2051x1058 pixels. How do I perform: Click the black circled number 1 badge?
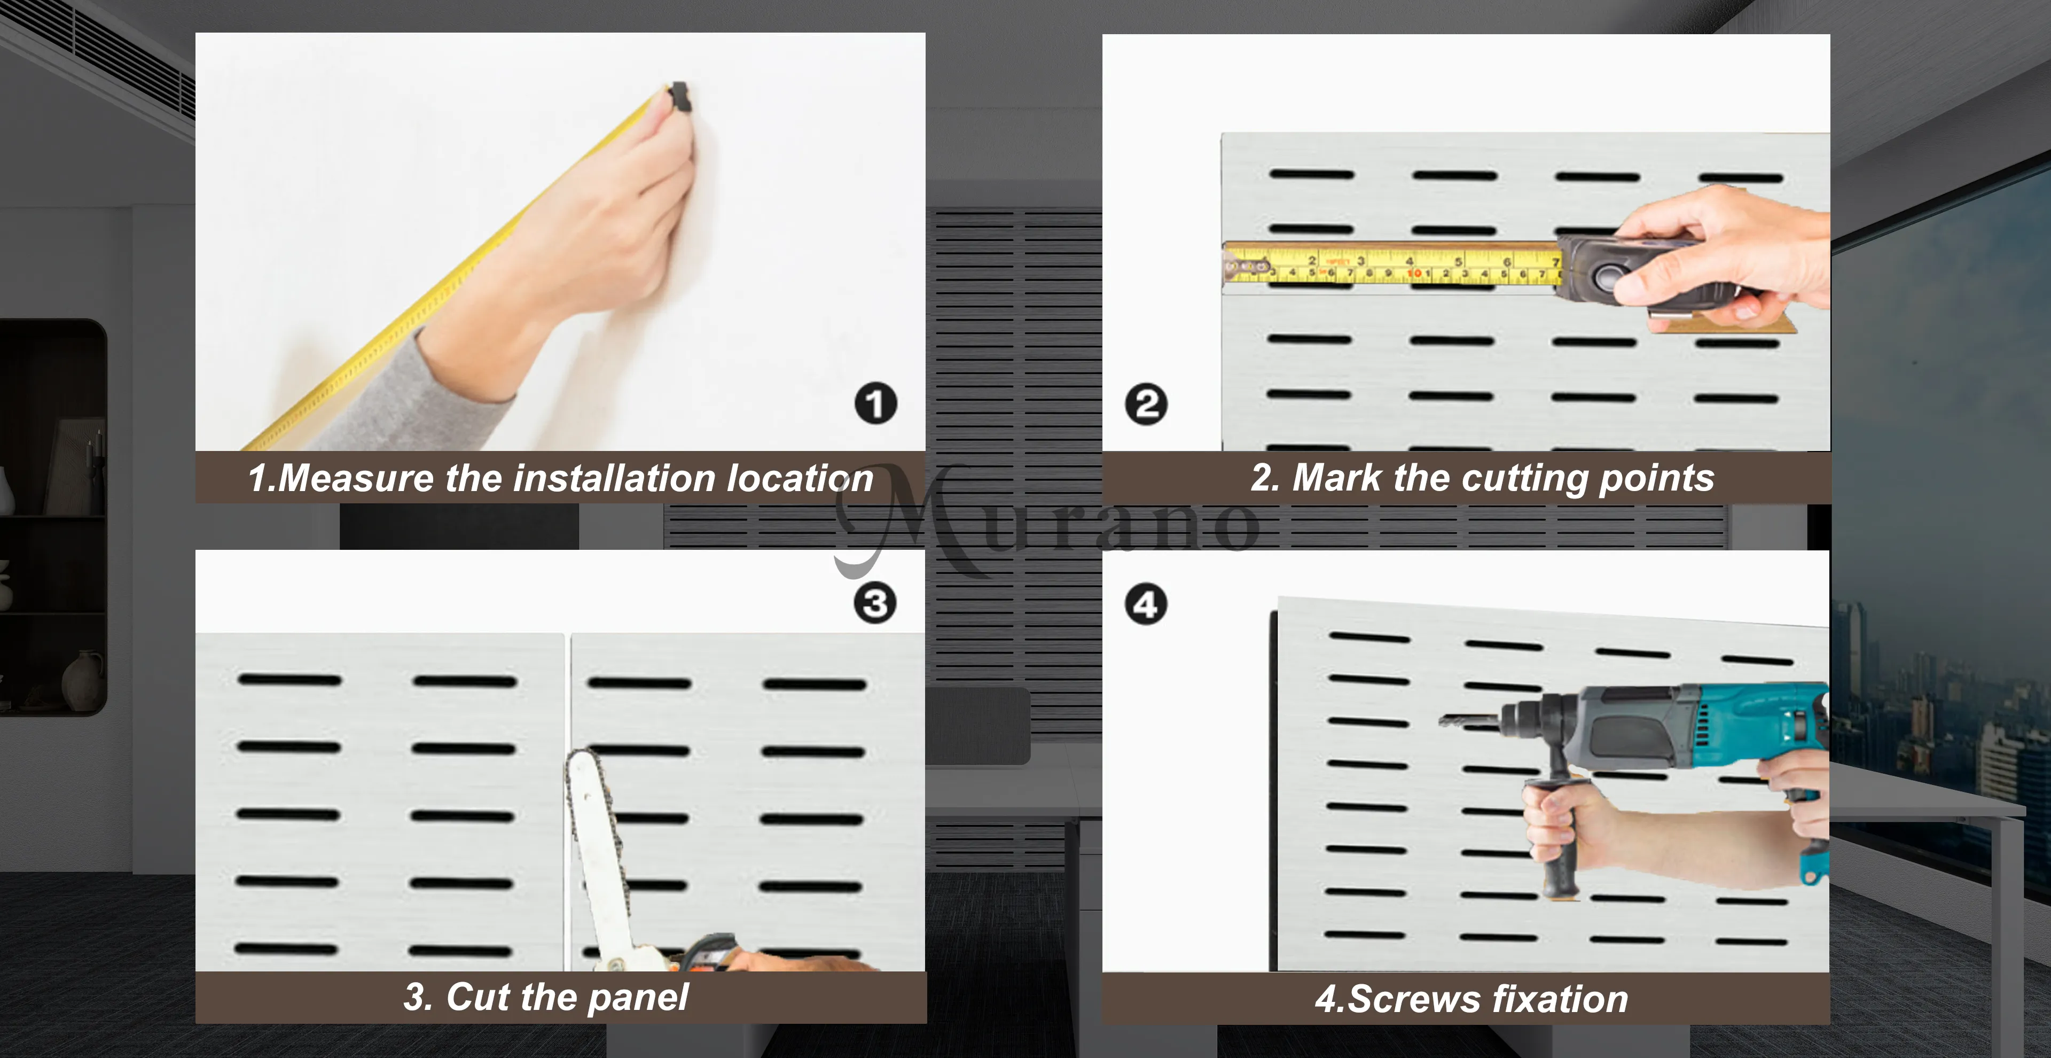pos(876,404)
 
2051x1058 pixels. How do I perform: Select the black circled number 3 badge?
pos(875,603)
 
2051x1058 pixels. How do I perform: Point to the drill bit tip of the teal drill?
pos(1441,721)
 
